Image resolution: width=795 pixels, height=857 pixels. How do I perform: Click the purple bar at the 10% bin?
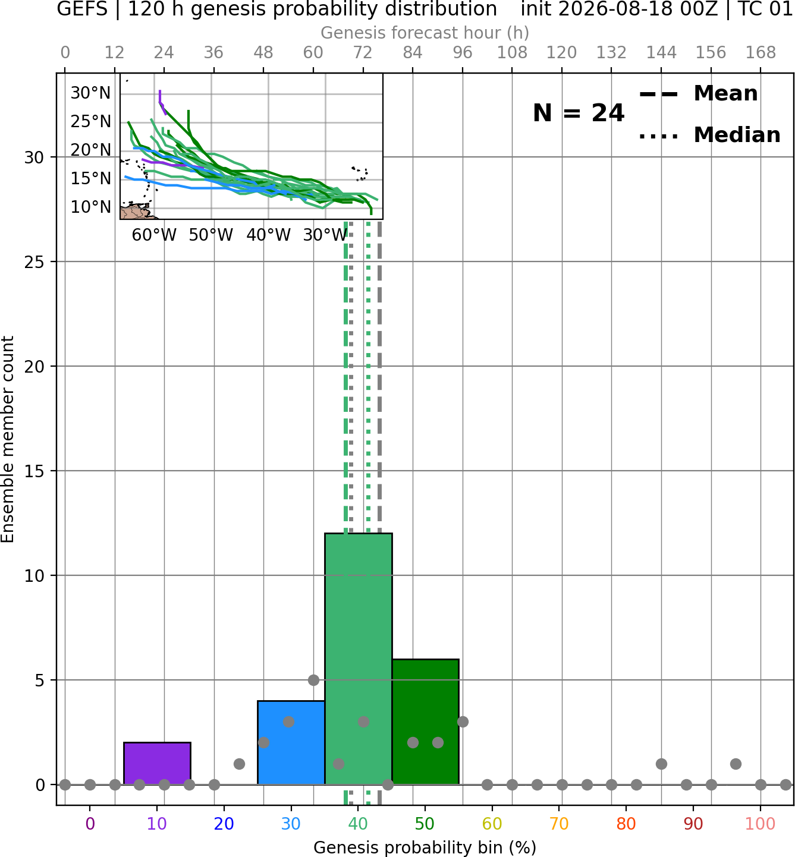[x=157, y=763]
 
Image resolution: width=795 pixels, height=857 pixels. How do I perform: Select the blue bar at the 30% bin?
[x=291, y=743]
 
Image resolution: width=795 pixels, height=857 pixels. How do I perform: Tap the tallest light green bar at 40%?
[x=359, y=659]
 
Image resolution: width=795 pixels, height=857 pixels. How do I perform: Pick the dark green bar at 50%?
[x=425, y=722]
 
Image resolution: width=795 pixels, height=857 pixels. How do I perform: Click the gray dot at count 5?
[x=313, y=680]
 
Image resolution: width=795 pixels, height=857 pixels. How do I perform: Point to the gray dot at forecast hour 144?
[x=661, y=764]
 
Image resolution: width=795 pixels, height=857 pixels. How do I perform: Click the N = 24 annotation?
[x=578, y=113]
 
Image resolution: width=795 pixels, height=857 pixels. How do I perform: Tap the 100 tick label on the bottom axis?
[x=760, y=823]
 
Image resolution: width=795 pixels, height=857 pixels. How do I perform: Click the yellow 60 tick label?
[x=492, y=823]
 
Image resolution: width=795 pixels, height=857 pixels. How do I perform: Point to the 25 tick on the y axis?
[x=34, y=262]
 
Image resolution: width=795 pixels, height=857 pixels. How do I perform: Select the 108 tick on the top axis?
[x=512, y=53]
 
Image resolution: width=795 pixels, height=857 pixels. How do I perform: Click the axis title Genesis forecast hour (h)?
[x=425, y=33]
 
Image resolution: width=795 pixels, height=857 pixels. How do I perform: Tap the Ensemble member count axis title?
[x=8, y=439]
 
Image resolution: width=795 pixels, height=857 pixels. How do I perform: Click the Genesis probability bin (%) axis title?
[x=425, y=847]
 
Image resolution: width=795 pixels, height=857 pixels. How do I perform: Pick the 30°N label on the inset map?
[x=91, y=93]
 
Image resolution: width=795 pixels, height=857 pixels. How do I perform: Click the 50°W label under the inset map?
[x=210, y=235]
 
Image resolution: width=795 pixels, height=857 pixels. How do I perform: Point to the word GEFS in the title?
[x=82, y=9]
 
